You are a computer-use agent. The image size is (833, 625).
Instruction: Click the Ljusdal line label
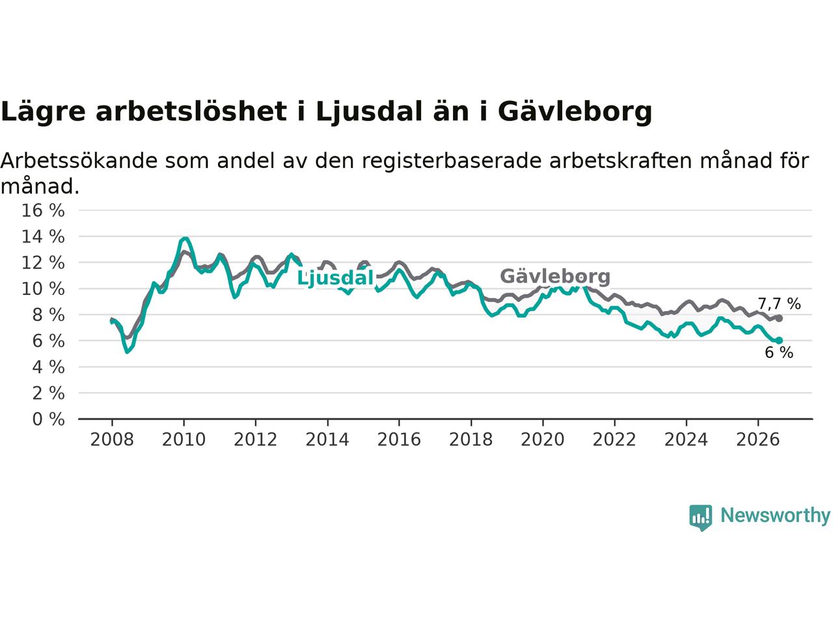(335, 279)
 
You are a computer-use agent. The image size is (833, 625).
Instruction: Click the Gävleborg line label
(555, 277)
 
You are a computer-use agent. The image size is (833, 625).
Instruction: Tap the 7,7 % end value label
(779, 304)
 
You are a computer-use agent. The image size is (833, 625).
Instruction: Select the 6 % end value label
(779, 353)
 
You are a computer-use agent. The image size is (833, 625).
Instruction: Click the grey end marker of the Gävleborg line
(779, 318)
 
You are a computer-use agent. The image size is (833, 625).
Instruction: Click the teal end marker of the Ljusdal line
(779, 340)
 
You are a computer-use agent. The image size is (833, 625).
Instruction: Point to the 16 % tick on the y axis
(43, 210)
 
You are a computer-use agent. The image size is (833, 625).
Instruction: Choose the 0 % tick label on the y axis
(49, 419)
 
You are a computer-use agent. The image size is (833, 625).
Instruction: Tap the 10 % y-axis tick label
(43, 289)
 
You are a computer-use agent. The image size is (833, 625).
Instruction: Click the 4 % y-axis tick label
(49, 367)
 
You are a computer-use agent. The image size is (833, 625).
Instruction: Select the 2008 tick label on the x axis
(112, 440)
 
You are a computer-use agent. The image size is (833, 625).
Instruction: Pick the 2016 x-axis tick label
(399, 440)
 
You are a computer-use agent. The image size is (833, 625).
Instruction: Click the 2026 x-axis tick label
(758, 440)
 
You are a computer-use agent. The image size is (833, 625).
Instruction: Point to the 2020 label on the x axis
(543, 440)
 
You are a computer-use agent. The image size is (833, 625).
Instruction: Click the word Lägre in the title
(43, 112)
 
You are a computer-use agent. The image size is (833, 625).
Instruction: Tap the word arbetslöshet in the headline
(191, 111)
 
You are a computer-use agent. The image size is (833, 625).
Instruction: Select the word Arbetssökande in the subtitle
(79, 161)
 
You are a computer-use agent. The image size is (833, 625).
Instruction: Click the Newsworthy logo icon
(700, 518)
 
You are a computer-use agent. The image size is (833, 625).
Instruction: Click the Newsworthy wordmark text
(775, 516)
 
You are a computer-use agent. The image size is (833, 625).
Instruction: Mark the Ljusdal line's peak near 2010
(184, 238)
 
